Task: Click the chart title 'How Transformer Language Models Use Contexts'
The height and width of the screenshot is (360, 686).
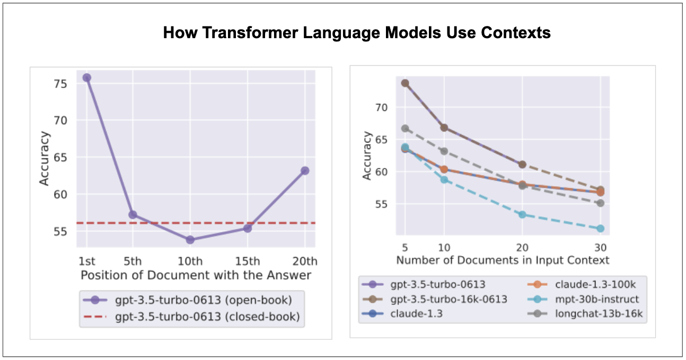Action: point(357,32)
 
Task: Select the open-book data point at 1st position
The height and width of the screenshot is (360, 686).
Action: point(86,77)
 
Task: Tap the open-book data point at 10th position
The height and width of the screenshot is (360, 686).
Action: point(190,240)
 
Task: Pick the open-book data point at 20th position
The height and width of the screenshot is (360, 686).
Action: point(305,171)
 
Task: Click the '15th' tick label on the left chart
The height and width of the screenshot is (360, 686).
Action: point(248,261)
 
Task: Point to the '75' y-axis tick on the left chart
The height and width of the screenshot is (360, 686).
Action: point(60,84)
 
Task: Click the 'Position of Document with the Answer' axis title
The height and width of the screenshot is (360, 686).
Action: point(196,275)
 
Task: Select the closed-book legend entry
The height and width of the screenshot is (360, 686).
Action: point(192,317)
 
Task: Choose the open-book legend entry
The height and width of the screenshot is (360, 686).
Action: point(188,300)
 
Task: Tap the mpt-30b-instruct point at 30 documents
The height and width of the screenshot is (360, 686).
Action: point(601,229)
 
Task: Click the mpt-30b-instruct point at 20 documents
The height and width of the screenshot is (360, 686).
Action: point(523,215)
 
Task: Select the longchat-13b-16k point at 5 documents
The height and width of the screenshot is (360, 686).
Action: point(405,128)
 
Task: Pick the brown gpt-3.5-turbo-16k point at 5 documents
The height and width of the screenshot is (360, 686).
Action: point(405,83)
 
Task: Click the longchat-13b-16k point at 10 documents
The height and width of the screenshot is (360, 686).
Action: point(444,151)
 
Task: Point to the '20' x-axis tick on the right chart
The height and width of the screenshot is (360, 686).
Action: point(523,248)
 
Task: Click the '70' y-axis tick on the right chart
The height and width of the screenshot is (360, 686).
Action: point(381,108)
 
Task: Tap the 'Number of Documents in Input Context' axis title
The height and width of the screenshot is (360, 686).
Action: point(503,260)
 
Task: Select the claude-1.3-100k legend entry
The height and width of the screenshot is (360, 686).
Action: point(582,284)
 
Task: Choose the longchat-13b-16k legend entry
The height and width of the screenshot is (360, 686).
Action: point(585,314)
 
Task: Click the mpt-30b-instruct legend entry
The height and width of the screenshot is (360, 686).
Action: point(583,299)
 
